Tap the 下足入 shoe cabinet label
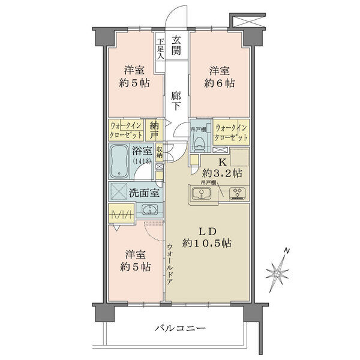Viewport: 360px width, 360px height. tap(160, 49)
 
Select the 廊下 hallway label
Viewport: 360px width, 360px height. tap(176, 101)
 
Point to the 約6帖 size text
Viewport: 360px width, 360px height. tap(219, 83)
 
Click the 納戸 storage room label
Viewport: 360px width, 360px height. tap(154, 131)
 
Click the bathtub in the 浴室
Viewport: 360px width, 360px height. tap(119, 161)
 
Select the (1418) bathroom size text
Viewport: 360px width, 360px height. tap(142, 161)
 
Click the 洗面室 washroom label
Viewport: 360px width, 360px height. tap(144, 193)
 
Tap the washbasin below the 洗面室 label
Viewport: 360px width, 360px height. tap(149, 209)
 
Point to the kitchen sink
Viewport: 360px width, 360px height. tap(202, 194)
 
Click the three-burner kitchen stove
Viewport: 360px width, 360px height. tap(238, 193)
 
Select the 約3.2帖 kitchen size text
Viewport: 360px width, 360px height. tap(222, 173)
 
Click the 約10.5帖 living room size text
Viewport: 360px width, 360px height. tap(206, 243)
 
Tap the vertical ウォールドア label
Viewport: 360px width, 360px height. tap(169, 264)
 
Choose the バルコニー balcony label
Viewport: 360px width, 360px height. tap(180, 328)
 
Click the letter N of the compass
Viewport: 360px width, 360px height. tap(286, 250)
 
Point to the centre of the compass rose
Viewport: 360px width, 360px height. tap(277, 274)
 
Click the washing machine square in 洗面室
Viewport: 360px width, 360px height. tap(119, 191)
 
